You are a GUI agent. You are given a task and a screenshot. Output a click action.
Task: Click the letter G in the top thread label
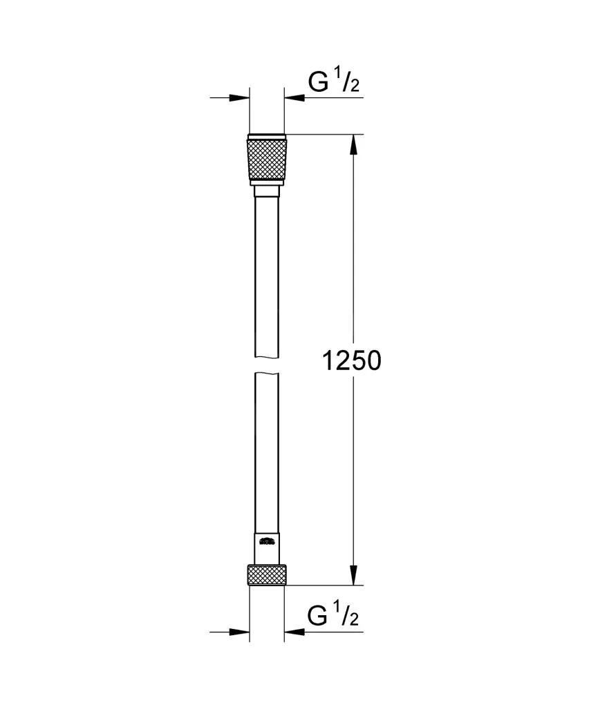click(x=317, y=83)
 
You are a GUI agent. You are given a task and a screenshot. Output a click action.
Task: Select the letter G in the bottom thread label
click(x=317, y=615)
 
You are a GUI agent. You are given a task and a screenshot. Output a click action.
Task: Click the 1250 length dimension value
click(x=352, y=360)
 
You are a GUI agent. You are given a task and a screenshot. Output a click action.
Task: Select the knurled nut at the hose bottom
click(x=266, y=574)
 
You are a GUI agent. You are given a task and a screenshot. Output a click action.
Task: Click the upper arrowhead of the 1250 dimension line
click(x=353, y=144)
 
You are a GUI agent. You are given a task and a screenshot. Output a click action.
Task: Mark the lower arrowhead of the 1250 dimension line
click(x=353, y=574)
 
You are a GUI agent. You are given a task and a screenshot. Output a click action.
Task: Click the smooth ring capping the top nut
click(x=266, y=135)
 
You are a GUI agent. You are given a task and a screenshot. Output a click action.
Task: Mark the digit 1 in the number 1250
click(x=330, y=360)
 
